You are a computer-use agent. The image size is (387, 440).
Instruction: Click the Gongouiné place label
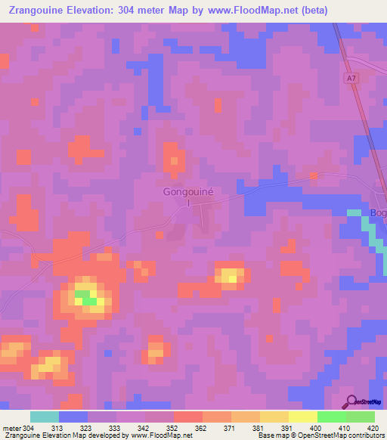pos(189,192)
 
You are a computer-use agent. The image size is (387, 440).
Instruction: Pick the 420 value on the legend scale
pos(372,428)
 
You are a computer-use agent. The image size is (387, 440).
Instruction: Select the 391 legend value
pos(288,428)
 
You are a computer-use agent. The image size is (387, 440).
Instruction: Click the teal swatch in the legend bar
pos(45,417)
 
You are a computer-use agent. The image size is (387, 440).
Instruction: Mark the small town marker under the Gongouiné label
pos(189,203)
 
